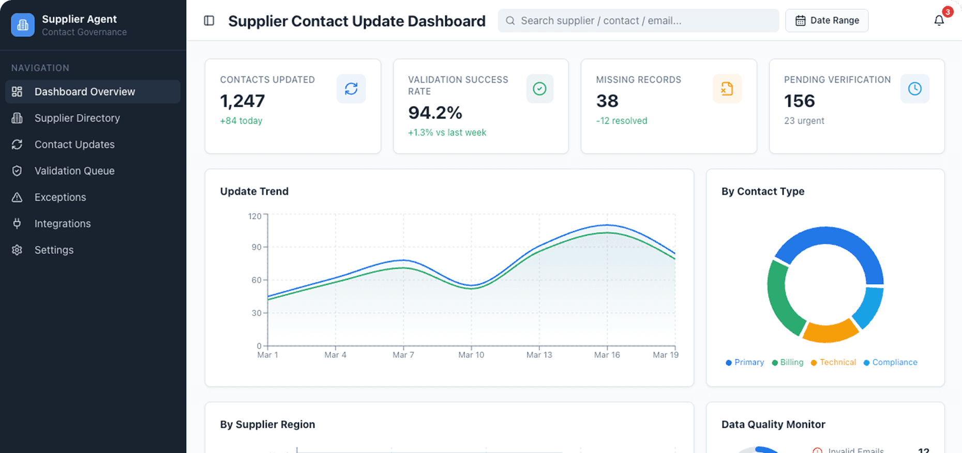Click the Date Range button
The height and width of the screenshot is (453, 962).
point(826,21)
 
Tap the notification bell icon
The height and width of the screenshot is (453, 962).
point(939,21)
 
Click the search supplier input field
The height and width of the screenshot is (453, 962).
point(638,21)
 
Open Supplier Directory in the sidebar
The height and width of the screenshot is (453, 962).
point(77,118)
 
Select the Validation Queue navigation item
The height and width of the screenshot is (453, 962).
point(74,171)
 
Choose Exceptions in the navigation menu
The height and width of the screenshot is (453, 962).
point(60,197)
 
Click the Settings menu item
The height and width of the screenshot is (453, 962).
point(54,250)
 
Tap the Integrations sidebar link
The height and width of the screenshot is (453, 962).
point(63,223)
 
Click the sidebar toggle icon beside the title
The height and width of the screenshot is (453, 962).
point(209,21)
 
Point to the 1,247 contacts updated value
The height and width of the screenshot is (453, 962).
point(243,101)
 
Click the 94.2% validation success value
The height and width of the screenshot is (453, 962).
point(435,113)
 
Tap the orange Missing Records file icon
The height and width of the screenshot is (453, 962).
point(727,89)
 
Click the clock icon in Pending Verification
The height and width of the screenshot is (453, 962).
point(914,89)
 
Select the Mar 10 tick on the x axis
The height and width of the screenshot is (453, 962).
point(471,355)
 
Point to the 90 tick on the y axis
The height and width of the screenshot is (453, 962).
point(257,247)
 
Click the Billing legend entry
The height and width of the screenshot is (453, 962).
point(788,363)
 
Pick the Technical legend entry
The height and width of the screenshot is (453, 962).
point(833,363)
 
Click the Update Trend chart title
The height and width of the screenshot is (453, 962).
point(254,191)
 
